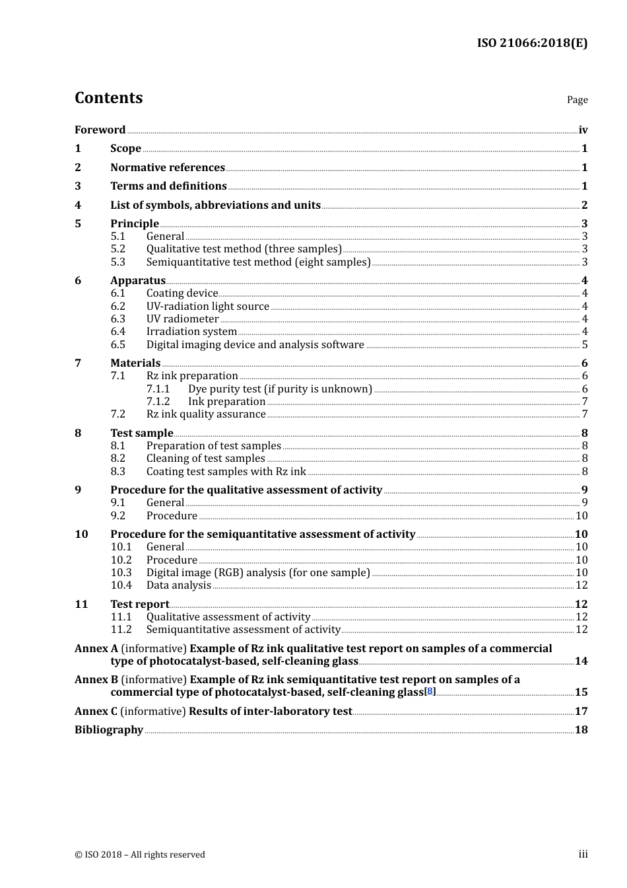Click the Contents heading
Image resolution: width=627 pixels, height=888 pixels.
coord(108,98)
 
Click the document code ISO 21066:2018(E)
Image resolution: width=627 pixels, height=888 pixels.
coord(532,44)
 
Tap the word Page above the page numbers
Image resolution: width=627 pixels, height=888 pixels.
coord(577,100)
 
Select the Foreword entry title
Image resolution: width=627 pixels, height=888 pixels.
coord(100,130)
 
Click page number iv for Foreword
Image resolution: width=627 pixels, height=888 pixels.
coord(583,130)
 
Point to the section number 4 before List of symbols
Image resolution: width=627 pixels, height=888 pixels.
coord(78,205)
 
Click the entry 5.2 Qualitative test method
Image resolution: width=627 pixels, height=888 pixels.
coord(244,249)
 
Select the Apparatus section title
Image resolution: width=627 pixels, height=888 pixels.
coord(137,281)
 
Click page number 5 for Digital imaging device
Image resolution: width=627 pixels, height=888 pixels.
coord(584,345)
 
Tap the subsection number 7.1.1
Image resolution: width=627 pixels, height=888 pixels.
coord(158,389)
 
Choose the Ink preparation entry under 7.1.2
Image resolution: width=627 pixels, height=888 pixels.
coord(226,402)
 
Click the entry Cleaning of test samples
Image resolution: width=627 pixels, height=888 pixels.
coord(205,459)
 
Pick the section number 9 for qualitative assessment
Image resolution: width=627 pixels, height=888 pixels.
coord(78,490)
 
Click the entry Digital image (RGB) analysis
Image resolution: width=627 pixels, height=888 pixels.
coord(257,573)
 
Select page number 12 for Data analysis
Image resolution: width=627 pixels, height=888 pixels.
coord(581,585)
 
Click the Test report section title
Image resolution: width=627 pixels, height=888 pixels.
coord(139,605)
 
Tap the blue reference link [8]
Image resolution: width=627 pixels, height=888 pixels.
coord(430,692)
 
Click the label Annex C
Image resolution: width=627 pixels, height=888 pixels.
coord(96,712)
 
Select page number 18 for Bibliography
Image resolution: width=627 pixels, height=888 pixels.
coord(581,730)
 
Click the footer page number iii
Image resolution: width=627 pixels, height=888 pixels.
coord(583,854)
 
